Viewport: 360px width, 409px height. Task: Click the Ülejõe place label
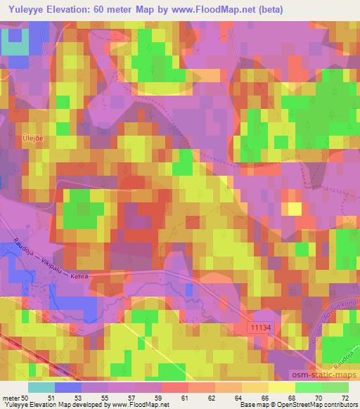[x=34, y=138]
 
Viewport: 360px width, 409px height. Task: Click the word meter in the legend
[x=11, y=398]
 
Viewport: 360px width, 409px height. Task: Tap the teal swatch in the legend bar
[x=41, y=387]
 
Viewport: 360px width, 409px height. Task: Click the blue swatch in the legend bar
[x=68, y=387]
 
